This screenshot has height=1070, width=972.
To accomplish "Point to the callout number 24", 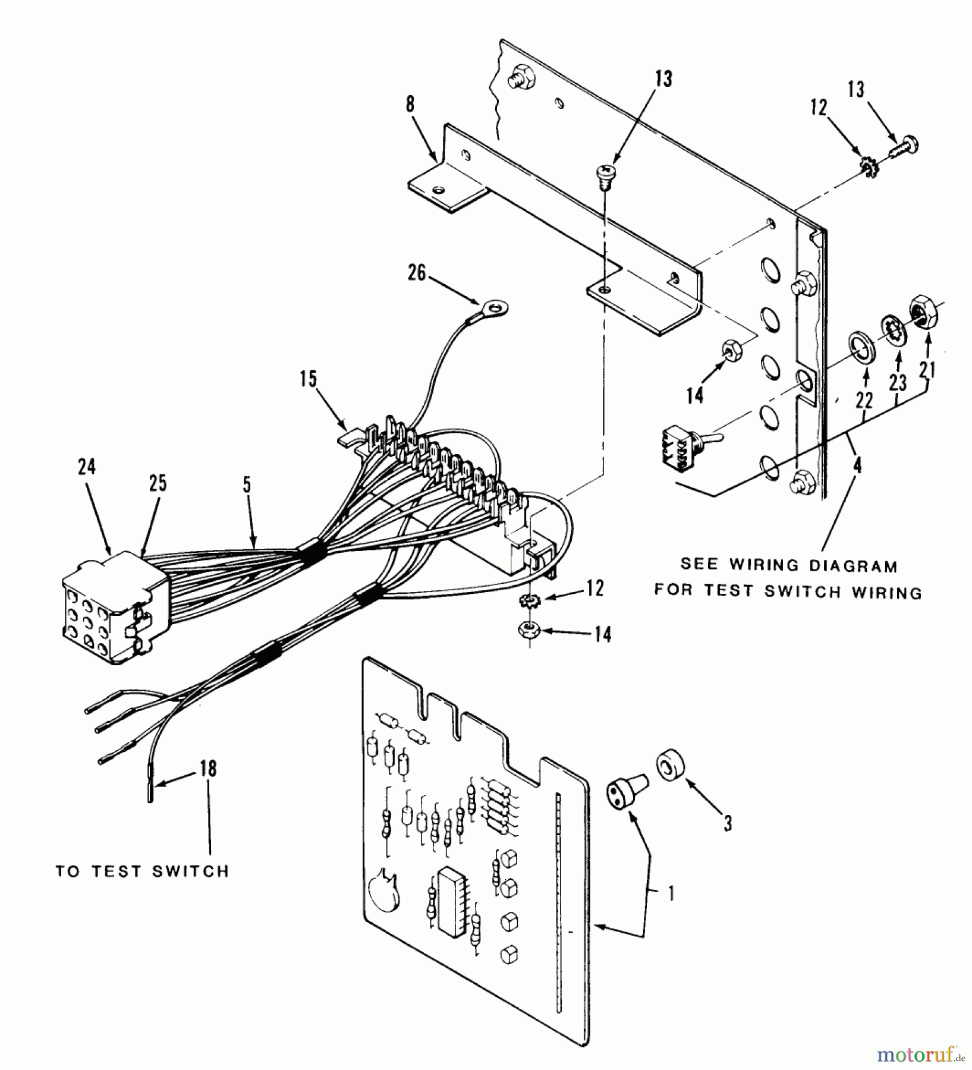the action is [86, 467].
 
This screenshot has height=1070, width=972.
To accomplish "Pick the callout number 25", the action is [158, 484].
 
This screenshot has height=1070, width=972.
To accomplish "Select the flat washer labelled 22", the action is [858, 347].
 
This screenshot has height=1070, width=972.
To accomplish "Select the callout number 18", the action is [208, 769].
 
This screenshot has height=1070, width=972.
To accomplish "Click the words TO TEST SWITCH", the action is [142, 871].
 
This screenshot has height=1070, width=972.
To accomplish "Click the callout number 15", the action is [308, 379].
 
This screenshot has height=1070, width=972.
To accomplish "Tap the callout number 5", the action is [247, 485].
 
